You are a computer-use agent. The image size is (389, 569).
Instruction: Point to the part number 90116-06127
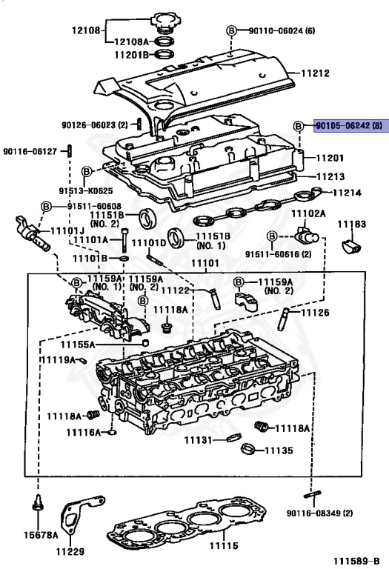pyautogui.click(x=30, y=150)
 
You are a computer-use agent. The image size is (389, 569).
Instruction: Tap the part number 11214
pyautogui.click(x=345, y=193)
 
